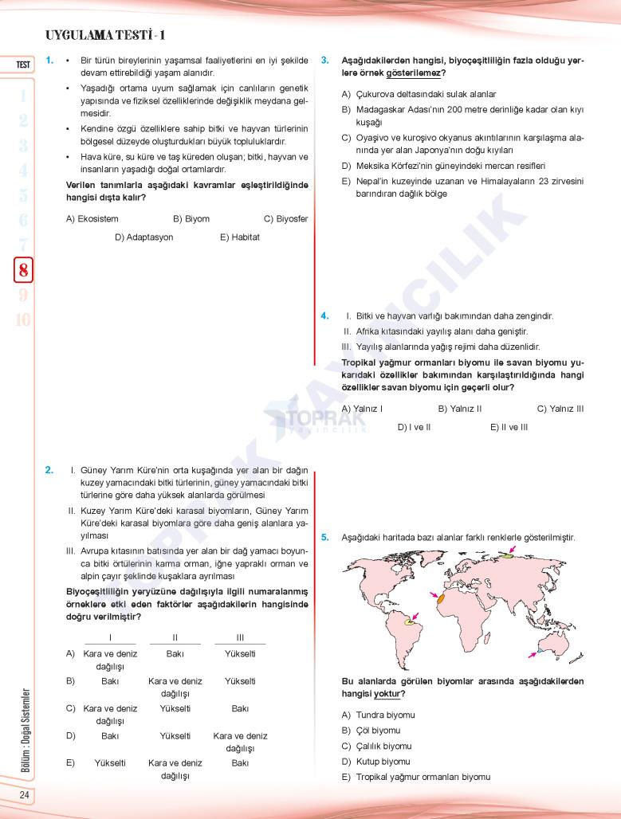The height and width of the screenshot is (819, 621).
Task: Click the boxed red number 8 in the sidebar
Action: (x=23, y=270)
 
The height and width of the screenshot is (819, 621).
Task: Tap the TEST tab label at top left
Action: (x=23, y=65)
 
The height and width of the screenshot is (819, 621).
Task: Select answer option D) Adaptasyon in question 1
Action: (x=143, y=237)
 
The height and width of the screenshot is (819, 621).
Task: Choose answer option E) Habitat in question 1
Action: (x=240, y=237)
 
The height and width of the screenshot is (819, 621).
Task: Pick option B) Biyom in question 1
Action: (x=191, y=218)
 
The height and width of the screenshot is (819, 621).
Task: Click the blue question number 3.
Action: (x=324, y=60)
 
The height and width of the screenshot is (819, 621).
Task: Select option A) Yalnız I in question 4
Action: (x=362, y=409)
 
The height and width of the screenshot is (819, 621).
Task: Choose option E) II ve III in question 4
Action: (x=509, y=427)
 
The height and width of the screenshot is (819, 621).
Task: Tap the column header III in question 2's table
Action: (x=240, y=637)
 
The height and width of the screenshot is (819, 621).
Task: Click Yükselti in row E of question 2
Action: (x=110, y=762)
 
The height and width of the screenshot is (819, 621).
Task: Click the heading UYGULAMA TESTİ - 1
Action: (x=106, y=36)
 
